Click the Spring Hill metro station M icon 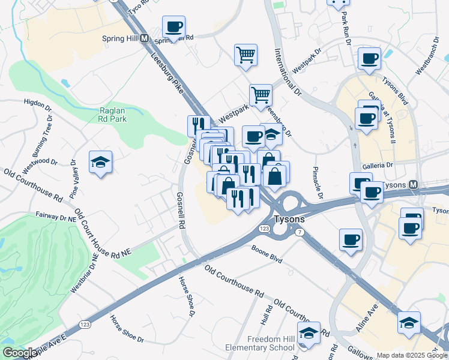pos(144,38)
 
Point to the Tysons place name pos(289,219)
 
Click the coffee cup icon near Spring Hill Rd pos(173,26)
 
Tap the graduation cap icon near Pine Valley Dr pos(100,161)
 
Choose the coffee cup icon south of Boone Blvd pos(351,239)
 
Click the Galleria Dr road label pos(377,166)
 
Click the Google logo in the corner pos(20,353)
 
